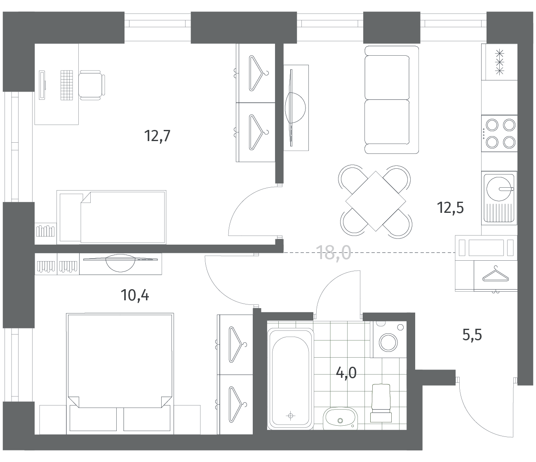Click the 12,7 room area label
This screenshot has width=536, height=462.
click(x=157, y=136)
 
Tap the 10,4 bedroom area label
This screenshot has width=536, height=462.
click(x=135, y=295)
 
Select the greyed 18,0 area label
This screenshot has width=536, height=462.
click(x=334, y=253)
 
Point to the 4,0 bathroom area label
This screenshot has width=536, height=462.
click(x=346, y=373)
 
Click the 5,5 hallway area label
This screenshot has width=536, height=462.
click(x=472, y=335)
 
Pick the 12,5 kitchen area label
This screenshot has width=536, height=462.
click(x=450, y=208)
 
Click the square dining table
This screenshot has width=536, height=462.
click(x=376, y=201)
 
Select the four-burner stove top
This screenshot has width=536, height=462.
click(x=499, y=133)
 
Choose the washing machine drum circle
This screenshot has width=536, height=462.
click(x=388, y=342)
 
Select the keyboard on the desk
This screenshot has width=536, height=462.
click(x=67, y=85)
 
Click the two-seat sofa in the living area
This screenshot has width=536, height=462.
click(x=391, y=100)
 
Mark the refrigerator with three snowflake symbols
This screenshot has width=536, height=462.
click(x=499, y=62)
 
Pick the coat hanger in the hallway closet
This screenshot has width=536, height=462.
click(x=495, y=275)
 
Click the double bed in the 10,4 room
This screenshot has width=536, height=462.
click(x=120, y=374)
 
